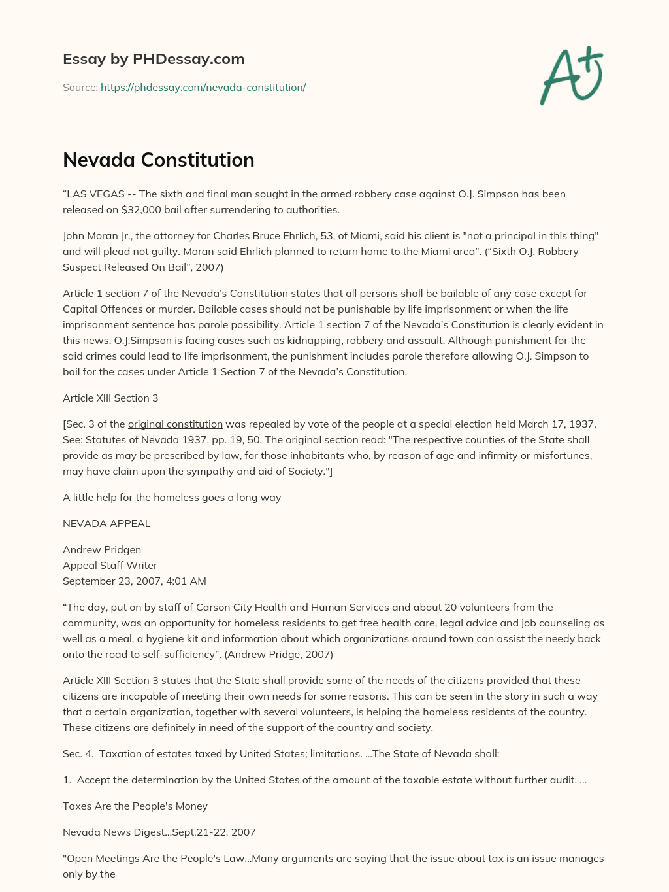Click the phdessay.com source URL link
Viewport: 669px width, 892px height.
point(203,87)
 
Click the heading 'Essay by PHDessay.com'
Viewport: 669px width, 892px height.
point(154,59)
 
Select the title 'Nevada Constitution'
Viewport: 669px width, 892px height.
point(159,160)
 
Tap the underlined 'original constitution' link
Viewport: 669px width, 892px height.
point(175,424)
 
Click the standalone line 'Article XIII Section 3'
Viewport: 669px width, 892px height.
point(110,398)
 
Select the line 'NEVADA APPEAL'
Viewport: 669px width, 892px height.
point(106,523)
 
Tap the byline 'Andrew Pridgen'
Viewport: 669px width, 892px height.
point(102,549)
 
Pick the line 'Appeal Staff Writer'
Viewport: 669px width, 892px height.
point(110,565)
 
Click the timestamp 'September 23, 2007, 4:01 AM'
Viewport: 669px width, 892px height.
point(135,581)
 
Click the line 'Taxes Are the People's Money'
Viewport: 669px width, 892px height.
point(135,806)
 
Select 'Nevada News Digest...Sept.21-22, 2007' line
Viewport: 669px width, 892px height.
point(159,832)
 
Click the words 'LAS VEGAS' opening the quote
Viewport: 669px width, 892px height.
point(92,194)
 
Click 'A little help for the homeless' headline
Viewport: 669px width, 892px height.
point(172,497)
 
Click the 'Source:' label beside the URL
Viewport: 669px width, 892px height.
point(80,87)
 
